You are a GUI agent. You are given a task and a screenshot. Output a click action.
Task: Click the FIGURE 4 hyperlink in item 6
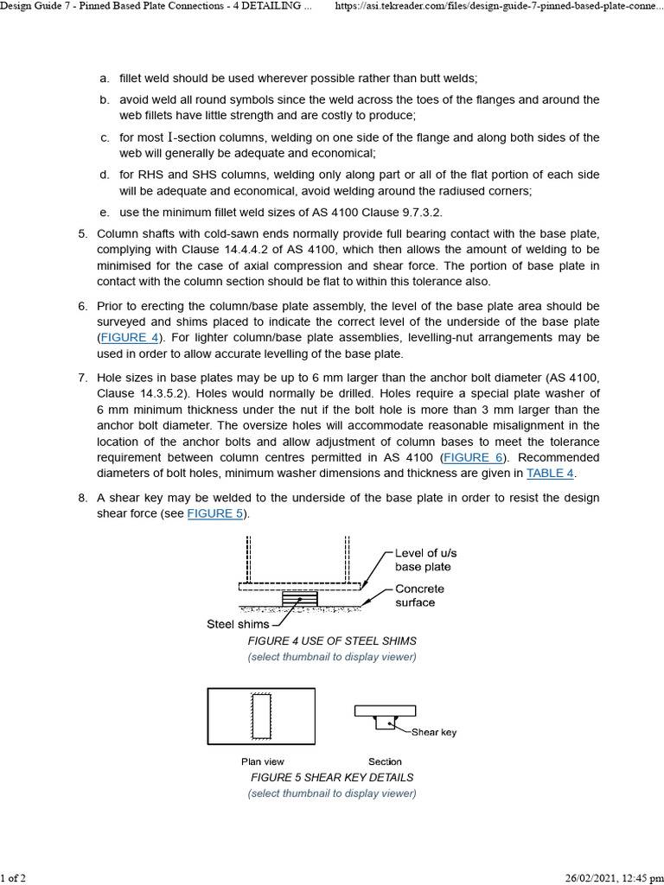tap(130, 338)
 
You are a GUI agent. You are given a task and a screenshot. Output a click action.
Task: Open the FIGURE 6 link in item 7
tap(473, 457)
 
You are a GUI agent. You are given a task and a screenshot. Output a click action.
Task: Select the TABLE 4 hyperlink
tap(550, 473)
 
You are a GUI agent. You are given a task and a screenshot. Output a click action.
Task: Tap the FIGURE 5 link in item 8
tap(216, 513)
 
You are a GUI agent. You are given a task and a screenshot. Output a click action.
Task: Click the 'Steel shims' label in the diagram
tap(237, 623)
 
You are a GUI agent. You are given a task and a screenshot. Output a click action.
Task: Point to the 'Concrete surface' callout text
tap(419, 595)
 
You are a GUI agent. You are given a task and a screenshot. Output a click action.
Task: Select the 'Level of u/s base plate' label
tap(423, 559)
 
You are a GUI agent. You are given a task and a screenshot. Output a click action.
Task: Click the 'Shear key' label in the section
tap(433, 732)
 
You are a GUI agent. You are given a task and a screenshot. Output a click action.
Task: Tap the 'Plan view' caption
tap(262, 761)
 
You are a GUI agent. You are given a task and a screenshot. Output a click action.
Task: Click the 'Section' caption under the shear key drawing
tap(385, 761)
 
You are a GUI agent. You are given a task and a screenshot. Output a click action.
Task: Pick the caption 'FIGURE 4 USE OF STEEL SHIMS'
tap(332, 641)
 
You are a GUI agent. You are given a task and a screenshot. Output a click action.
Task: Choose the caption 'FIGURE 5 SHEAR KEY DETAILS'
tap(332, 777)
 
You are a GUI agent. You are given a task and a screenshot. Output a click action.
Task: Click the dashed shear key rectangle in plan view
tap(261, 716)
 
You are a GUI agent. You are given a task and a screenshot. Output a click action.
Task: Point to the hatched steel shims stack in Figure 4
tap(300, 599)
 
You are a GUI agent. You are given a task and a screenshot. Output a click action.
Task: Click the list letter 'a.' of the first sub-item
tap(104, 78)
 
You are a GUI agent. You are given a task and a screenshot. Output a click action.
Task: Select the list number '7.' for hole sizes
tap(83, 378)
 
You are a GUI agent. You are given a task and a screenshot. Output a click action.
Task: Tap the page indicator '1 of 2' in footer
tap(13, 878)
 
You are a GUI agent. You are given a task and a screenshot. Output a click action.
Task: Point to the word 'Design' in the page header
tap(18, 7)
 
